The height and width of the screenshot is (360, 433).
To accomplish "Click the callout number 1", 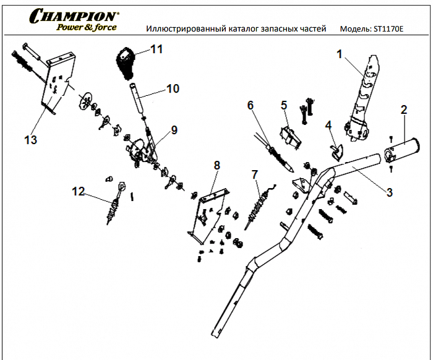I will click(339, 54).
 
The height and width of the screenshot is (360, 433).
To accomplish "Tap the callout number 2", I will click(403, 110).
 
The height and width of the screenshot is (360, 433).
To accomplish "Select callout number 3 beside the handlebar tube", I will click(389, 192).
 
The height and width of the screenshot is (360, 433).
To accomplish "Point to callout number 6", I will click(251, 105).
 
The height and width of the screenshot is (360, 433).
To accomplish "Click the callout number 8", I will click(216, 165).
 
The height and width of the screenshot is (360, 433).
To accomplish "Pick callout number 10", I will click(173, 89).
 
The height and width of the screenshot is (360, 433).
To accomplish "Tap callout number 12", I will click(78, 192).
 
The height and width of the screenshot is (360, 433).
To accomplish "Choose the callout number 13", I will click(30, 140).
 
